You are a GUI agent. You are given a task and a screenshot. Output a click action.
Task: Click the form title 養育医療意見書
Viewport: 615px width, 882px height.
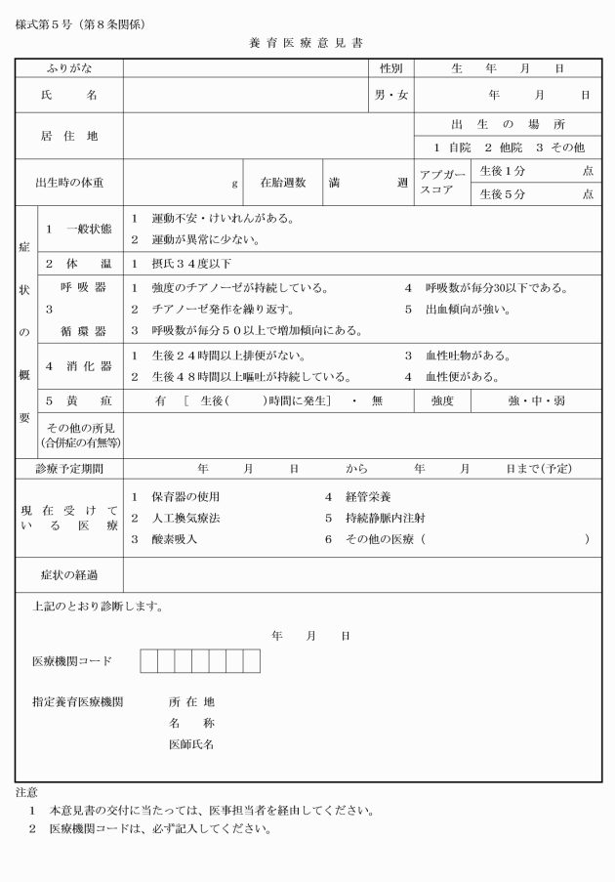(307, 44)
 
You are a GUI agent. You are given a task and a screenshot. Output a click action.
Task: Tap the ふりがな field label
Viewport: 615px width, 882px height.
(68, 68)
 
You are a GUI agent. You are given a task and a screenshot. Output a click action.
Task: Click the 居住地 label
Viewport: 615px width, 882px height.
(68, 137)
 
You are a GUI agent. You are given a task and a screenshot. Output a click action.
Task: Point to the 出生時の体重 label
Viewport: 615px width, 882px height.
(69, 183)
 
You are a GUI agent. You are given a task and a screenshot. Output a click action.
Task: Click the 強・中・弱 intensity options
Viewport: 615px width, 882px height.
(535, 400)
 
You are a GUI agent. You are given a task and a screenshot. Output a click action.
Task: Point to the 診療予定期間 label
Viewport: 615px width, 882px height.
(69, 468)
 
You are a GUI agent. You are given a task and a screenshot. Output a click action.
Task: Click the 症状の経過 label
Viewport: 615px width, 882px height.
(69, 574)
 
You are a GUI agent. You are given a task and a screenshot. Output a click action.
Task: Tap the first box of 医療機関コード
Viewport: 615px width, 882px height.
(148, 661)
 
